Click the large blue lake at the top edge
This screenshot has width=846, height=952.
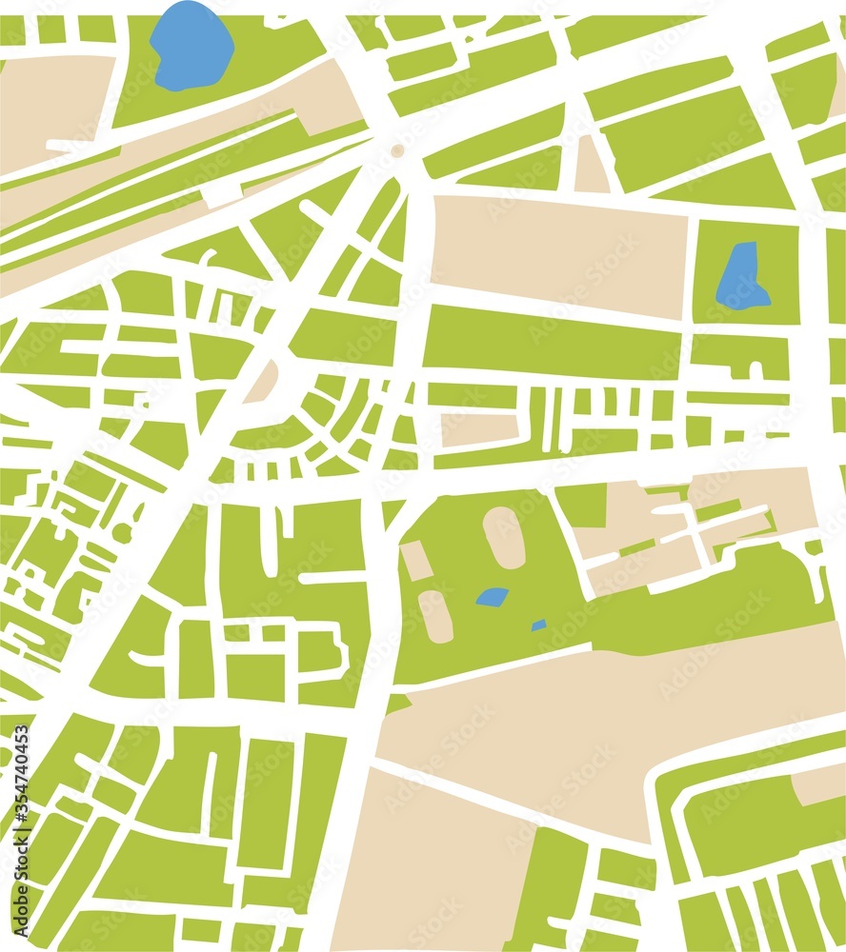(191, 46)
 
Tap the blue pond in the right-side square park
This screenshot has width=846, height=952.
(741, 278)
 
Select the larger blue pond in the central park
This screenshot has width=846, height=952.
(492, 597)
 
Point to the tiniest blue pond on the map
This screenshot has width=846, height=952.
(539, 625)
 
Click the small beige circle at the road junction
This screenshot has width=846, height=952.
(397, 150)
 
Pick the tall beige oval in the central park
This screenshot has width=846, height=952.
(504, 537)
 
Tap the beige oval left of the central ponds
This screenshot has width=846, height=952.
(435, 616)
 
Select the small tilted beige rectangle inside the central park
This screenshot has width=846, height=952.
(415, 561)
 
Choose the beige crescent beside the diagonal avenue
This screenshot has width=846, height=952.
(263, 382)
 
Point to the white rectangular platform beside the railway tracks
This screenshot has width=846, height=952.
(221, 194)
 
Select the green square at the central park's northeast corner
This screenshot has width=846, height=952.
(581, 505)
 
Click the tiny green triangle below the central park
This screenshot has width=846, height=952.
(397, 704)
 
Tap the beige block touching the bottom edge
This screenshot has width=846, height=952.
(429, 866)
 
